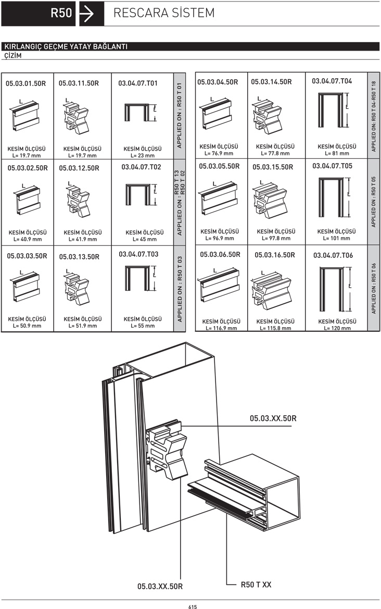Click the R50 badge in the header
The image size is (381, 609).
pyautogui.click(x=61, y=14)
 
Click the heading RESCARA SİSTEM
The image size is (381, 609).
pyautogui.click(x=164, y=13)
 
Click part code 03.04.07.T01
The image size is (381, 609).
pyautogui.click(x=138, y=83)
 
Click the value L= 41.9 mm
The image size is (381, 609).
pyautogui.click(x=83, y=239)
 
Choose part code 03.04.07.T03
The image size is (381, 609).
pyautogui.click(x=139, y=254)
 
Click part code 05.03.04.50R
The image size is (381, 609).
pyautogui.click(x=218, y=82)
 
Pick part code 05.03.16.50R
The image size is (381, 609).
pyautogui.click(x=275, y=255)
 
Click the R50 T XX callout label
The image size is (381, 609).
pyautogui.click(x=256, y=585)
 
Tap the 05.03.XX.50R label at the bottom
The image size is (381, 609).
pyautogui.click(x=160, y=586)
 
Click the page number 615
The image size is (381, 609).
pyautogui.click(x=193, y=606)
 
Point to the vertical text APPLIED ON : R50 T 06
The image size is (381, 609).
pyautogui.click(x=374, y=288)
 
